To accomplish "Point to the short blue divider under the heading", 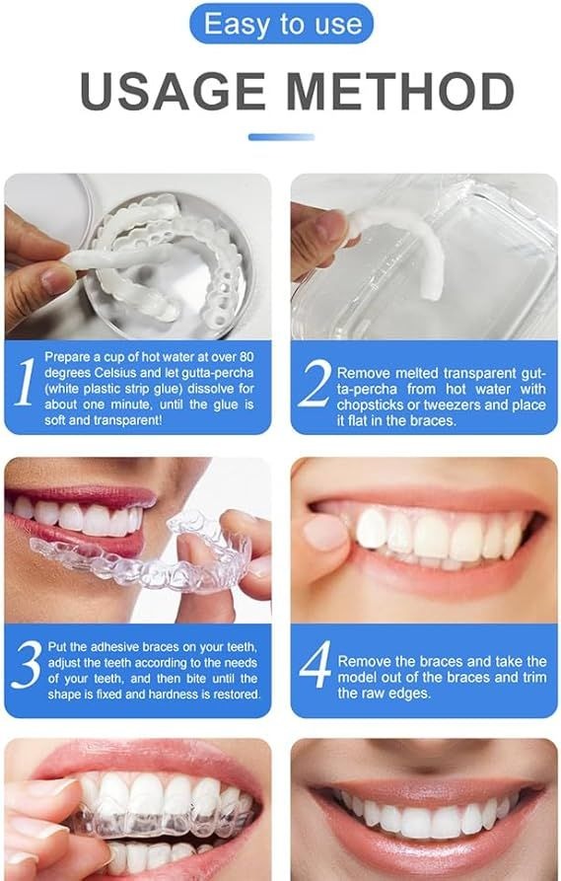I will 280,136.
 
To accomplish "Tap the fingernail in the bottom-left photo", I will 39,789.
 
